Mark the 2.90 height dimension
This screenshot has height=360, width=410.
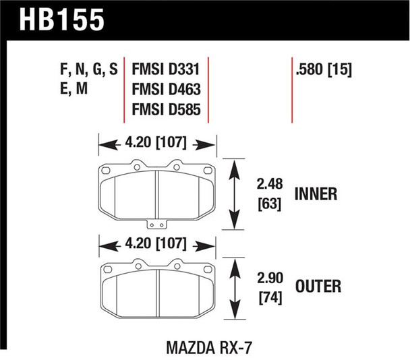pos(268,276)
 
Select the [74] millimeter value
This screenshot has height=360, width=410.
pos(268,297)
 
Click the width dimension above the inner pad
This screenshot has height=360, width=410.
pos(156,143)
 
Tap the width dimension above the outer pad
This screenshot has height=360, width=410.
pos(156,242)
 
